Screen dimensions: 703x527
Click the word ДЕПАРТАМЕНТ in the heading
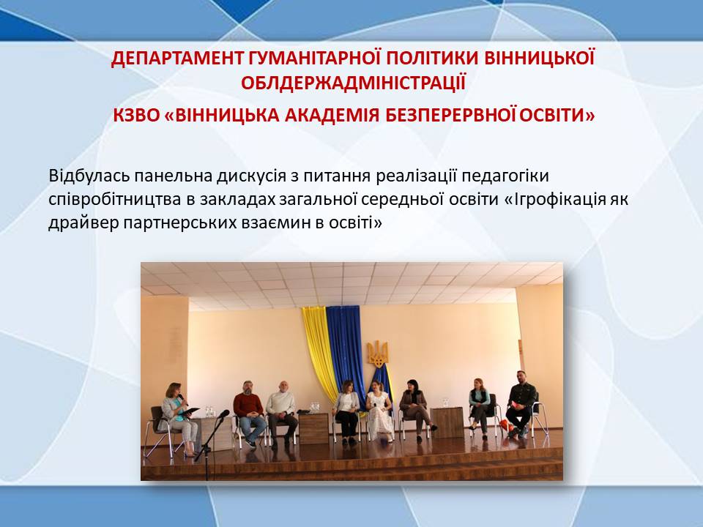pos(177,59)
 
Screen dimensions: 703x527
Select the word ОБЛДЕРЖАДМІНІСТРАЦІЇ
pos(353,83)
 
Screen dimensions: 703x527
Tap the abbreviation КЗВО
pos(136,116)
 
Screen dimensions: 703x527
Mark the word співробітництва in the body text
pos(115,199)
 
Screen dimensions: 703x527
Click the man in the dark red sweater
pos(249,413)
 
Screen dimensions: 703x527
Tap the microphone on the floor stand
pos(223,414)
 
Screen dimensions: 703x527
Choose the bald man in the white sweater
pos(281,412)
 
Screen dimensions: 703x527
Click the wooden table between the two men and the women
pos(313,428)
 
